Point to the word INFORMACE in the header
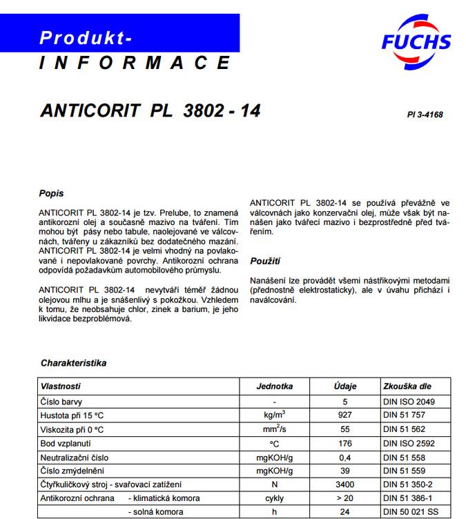click(x=135, y=63)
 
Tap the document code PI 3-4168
click(x=425, y=115)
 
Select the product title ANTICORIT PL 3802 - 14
click(x=151, y=110)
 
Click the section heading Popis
click(x=52, y=193)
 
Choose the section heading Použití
click(x=265, y=262)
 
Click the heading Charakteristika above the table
click(x=73, y=362)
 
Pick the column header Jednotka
click(x=274, y=386)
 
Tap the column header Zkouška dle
click(x=408, y=386)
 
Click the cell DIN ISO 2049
click(x=409, y=401)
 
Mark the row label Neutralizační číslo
click(x=75, y=457)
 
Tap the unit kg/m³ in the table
click(x=274, y=414)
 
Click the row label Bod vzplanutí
click(x=66, y=443)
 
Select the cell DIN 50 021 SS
click(x=411, y=511)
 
